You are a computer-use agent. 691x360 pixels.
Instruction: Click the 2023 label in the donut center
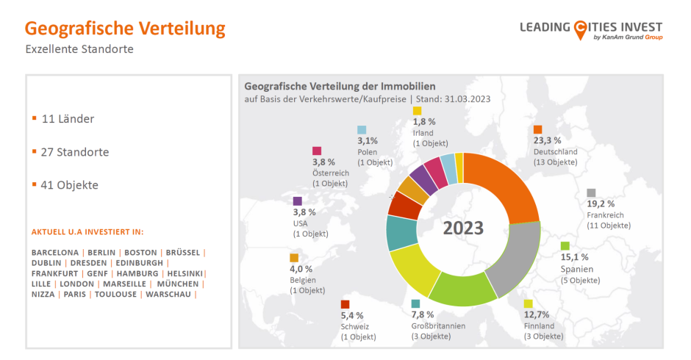click(x=463, y=228)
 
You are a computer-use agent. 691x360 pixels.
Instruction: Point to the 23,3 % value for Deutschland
click(x=548, y=140)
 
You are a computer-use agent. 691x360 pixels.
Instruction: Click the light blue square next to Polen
click(x=362, y=130)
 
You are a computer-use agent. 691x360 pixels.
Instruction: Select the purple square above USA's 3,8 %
click(x=298, y=201)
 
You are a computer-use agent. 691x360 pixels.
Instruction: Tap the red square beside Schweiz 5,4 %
click(x=345, y=304)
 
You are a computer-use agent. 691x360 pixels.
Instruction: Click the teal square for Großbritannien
click(x=416, y=303)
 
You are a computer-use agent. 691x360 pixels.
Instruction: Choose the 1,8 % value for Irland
click(x=424, y=121)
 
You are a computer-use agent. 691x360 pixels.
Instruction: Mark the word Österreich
click(x=331, y=173)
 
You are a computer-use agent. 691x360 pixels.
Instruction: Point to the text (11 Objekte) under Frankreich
click(x=609, y=226)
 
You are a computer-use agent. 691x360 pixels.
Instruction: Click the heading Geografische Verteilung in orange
click(x=125, y=29)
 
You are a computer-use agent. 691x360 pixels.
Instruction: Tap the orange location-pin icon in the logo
click(x=581, y=28)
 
